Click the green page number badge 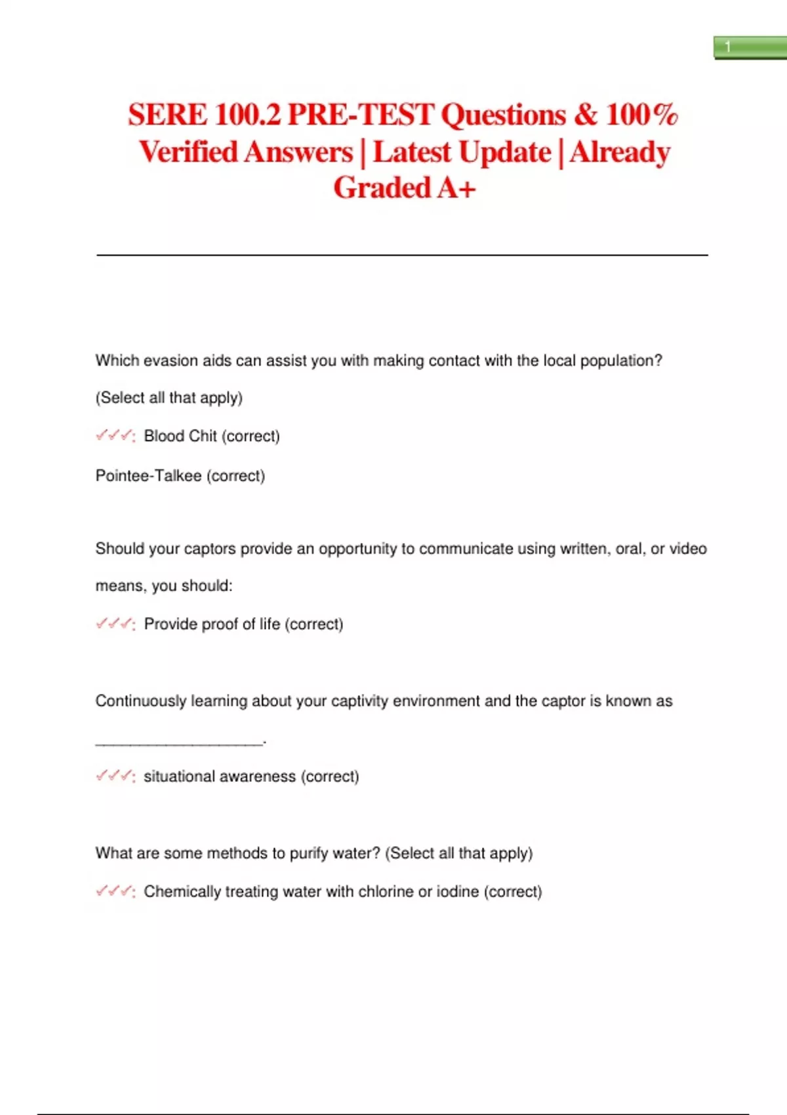pos(750,47)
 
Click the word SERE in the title pos(167,115)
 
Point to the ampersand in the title pos(586,115)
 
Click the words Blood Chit pos(180,436)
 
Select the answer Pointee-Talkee pos(148,476)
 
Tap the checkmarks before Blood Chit pos(115,436)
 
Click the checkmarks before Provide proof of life pos(115,624)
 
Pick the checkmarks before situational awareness pos(115,776)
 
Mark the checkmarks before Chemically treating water pos(115,891)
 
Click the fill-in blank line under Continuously pos(179,743)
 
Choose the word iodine pos(458,891)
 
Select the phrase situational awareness pos(220,777)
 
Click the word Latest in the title pos(412,152)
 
